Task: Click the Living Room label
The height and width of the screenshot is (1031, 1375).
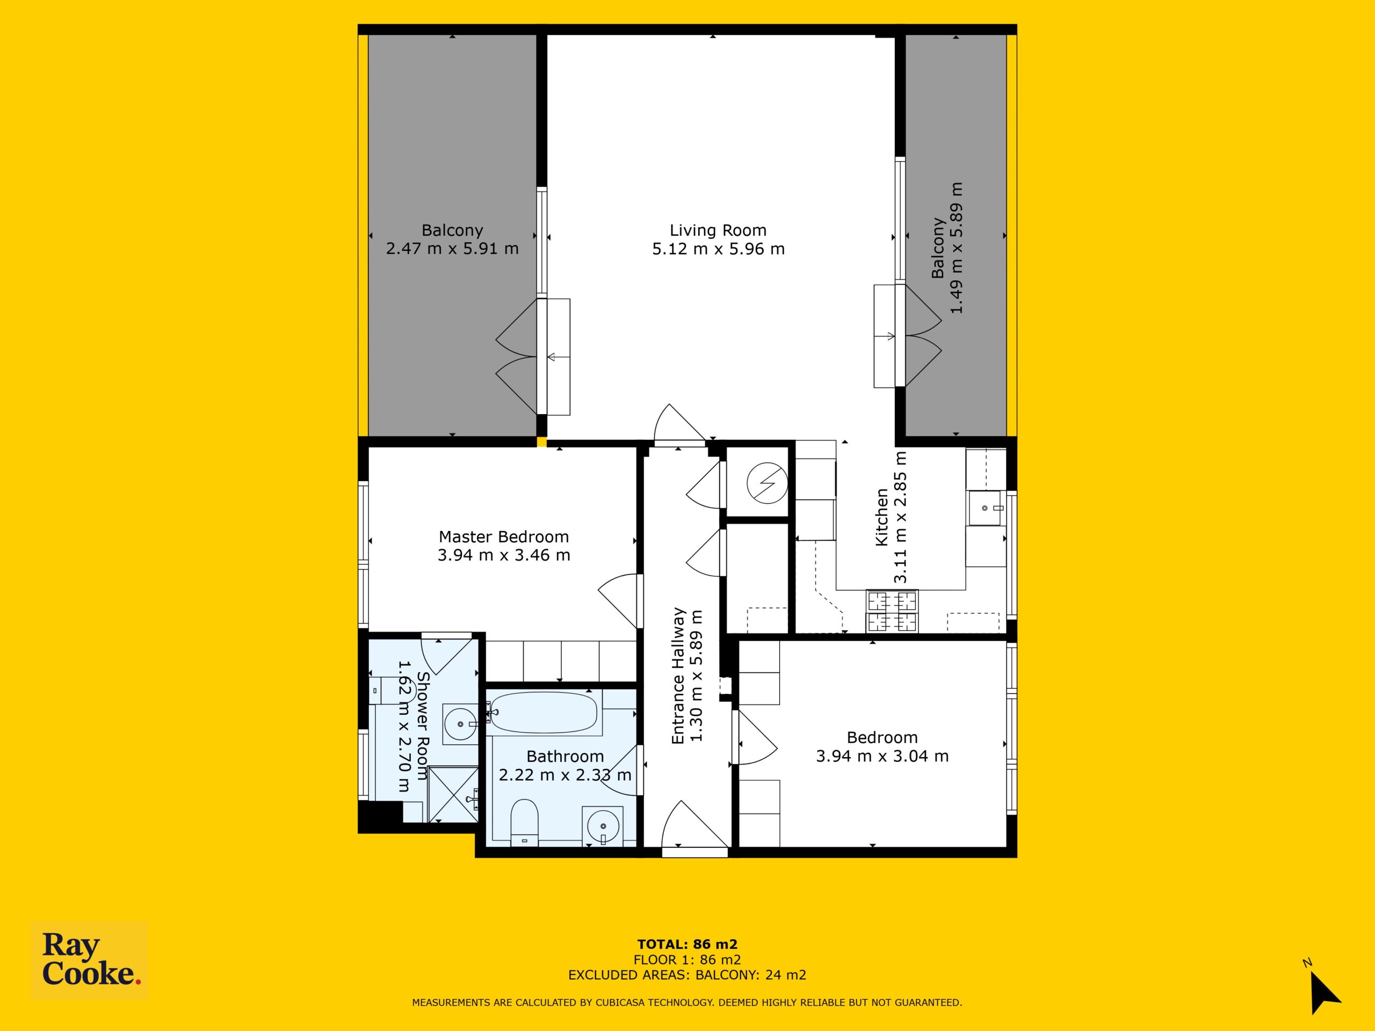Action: pos(718,230)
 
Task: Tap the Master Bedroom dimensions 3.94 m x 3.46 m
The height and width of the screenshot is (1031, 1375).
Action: pos(503,555)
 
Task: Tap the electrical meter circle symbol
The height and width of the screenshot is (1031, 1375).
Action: pos(767,482)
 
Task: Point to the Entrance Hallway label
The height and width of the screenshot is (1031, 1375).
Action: pos(678,676)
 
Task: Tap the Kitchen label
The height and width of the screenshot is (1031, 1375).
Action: pos(881,518)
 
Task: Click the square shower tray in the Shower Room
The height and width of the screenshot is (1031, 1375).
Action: pos(453,795)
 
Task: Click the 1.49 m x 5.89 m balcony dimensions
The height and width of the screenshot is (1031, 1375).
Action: pos(956,248)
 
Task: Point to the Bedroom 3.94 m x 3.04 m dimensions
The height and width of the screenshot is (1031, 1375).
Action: pos(882,756)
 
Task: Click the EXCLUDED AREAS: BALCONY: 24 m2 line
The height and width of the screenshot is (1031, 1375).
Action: pos(687,975)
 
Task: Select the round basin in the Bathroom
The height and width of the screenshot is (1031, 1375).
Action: pos(602,826)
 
